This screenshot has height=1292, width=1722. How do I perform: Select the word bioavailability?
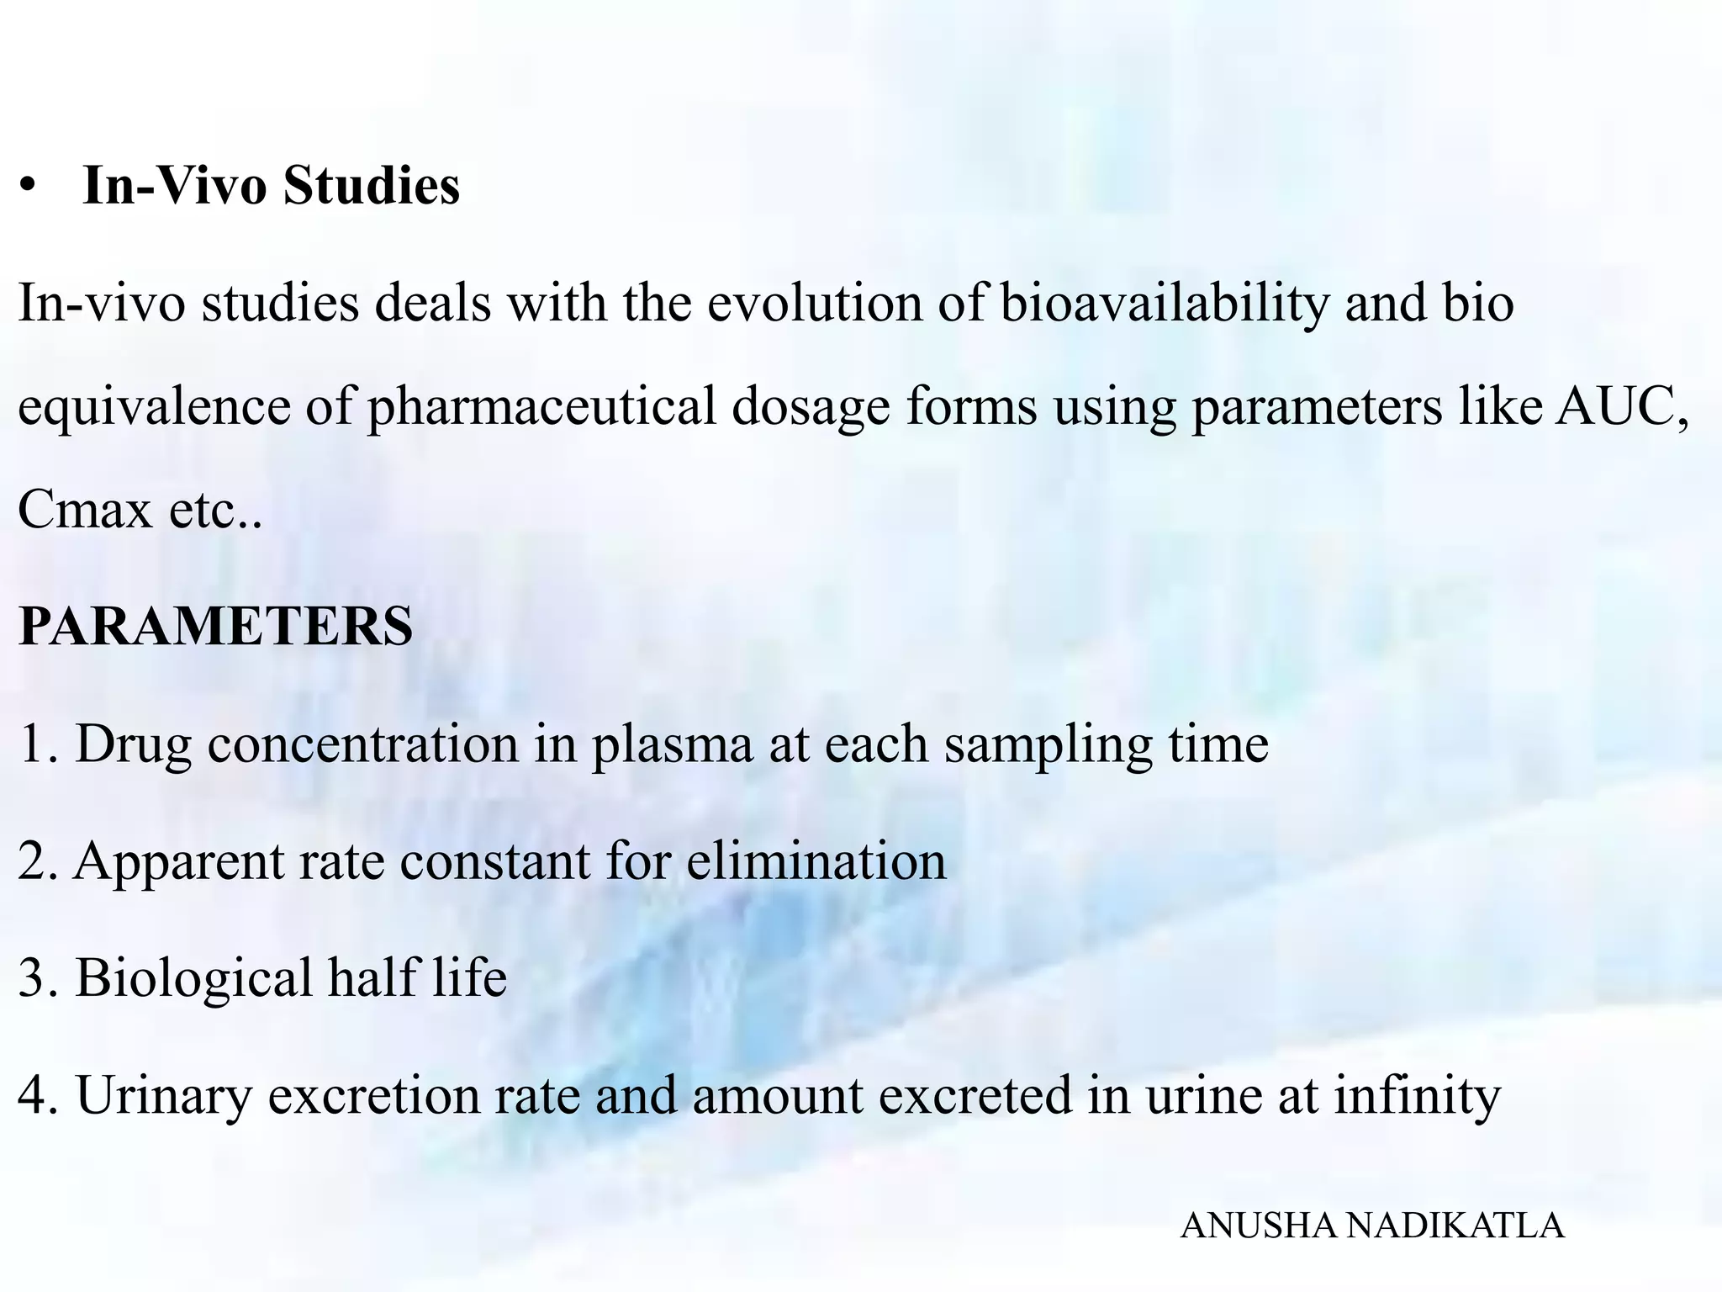(1165, 304)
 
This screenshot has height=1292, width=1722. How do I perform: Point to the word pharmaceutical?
(541, 406)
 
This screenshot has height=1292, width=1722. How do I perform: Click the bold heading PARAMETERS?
(215, 626)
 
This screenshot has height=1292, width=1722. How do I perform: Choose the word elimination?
(816, 861)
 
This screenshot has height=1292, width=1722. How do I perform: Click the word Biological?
(193, 978)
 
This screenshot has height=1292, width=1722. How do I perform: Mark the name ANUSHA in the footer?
(1260, 1226)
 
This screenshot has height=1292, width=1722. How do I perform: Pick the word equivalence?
(153, 406)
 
